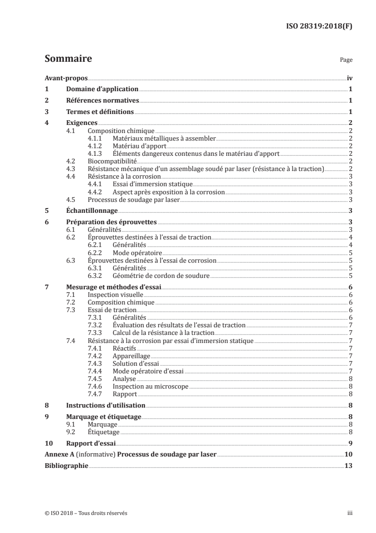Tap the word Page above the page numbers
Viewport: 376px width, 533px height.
point(346,61)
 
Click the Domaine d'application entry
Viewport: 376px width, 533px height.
point(102,89)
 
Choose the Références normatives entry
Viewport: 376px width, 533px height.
point(102,101)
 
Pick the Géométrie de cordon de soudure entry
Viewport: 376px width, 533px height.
point(161,276)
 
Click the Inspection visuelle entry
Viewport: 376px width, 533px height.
point(116,295)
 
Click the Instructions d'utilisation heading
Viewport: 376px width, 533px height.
point(105,406)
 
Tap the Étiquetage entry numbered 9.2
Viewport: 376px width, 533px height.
point(103,432)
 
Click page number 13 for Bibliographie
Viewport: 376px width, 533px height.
point(348,466)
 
